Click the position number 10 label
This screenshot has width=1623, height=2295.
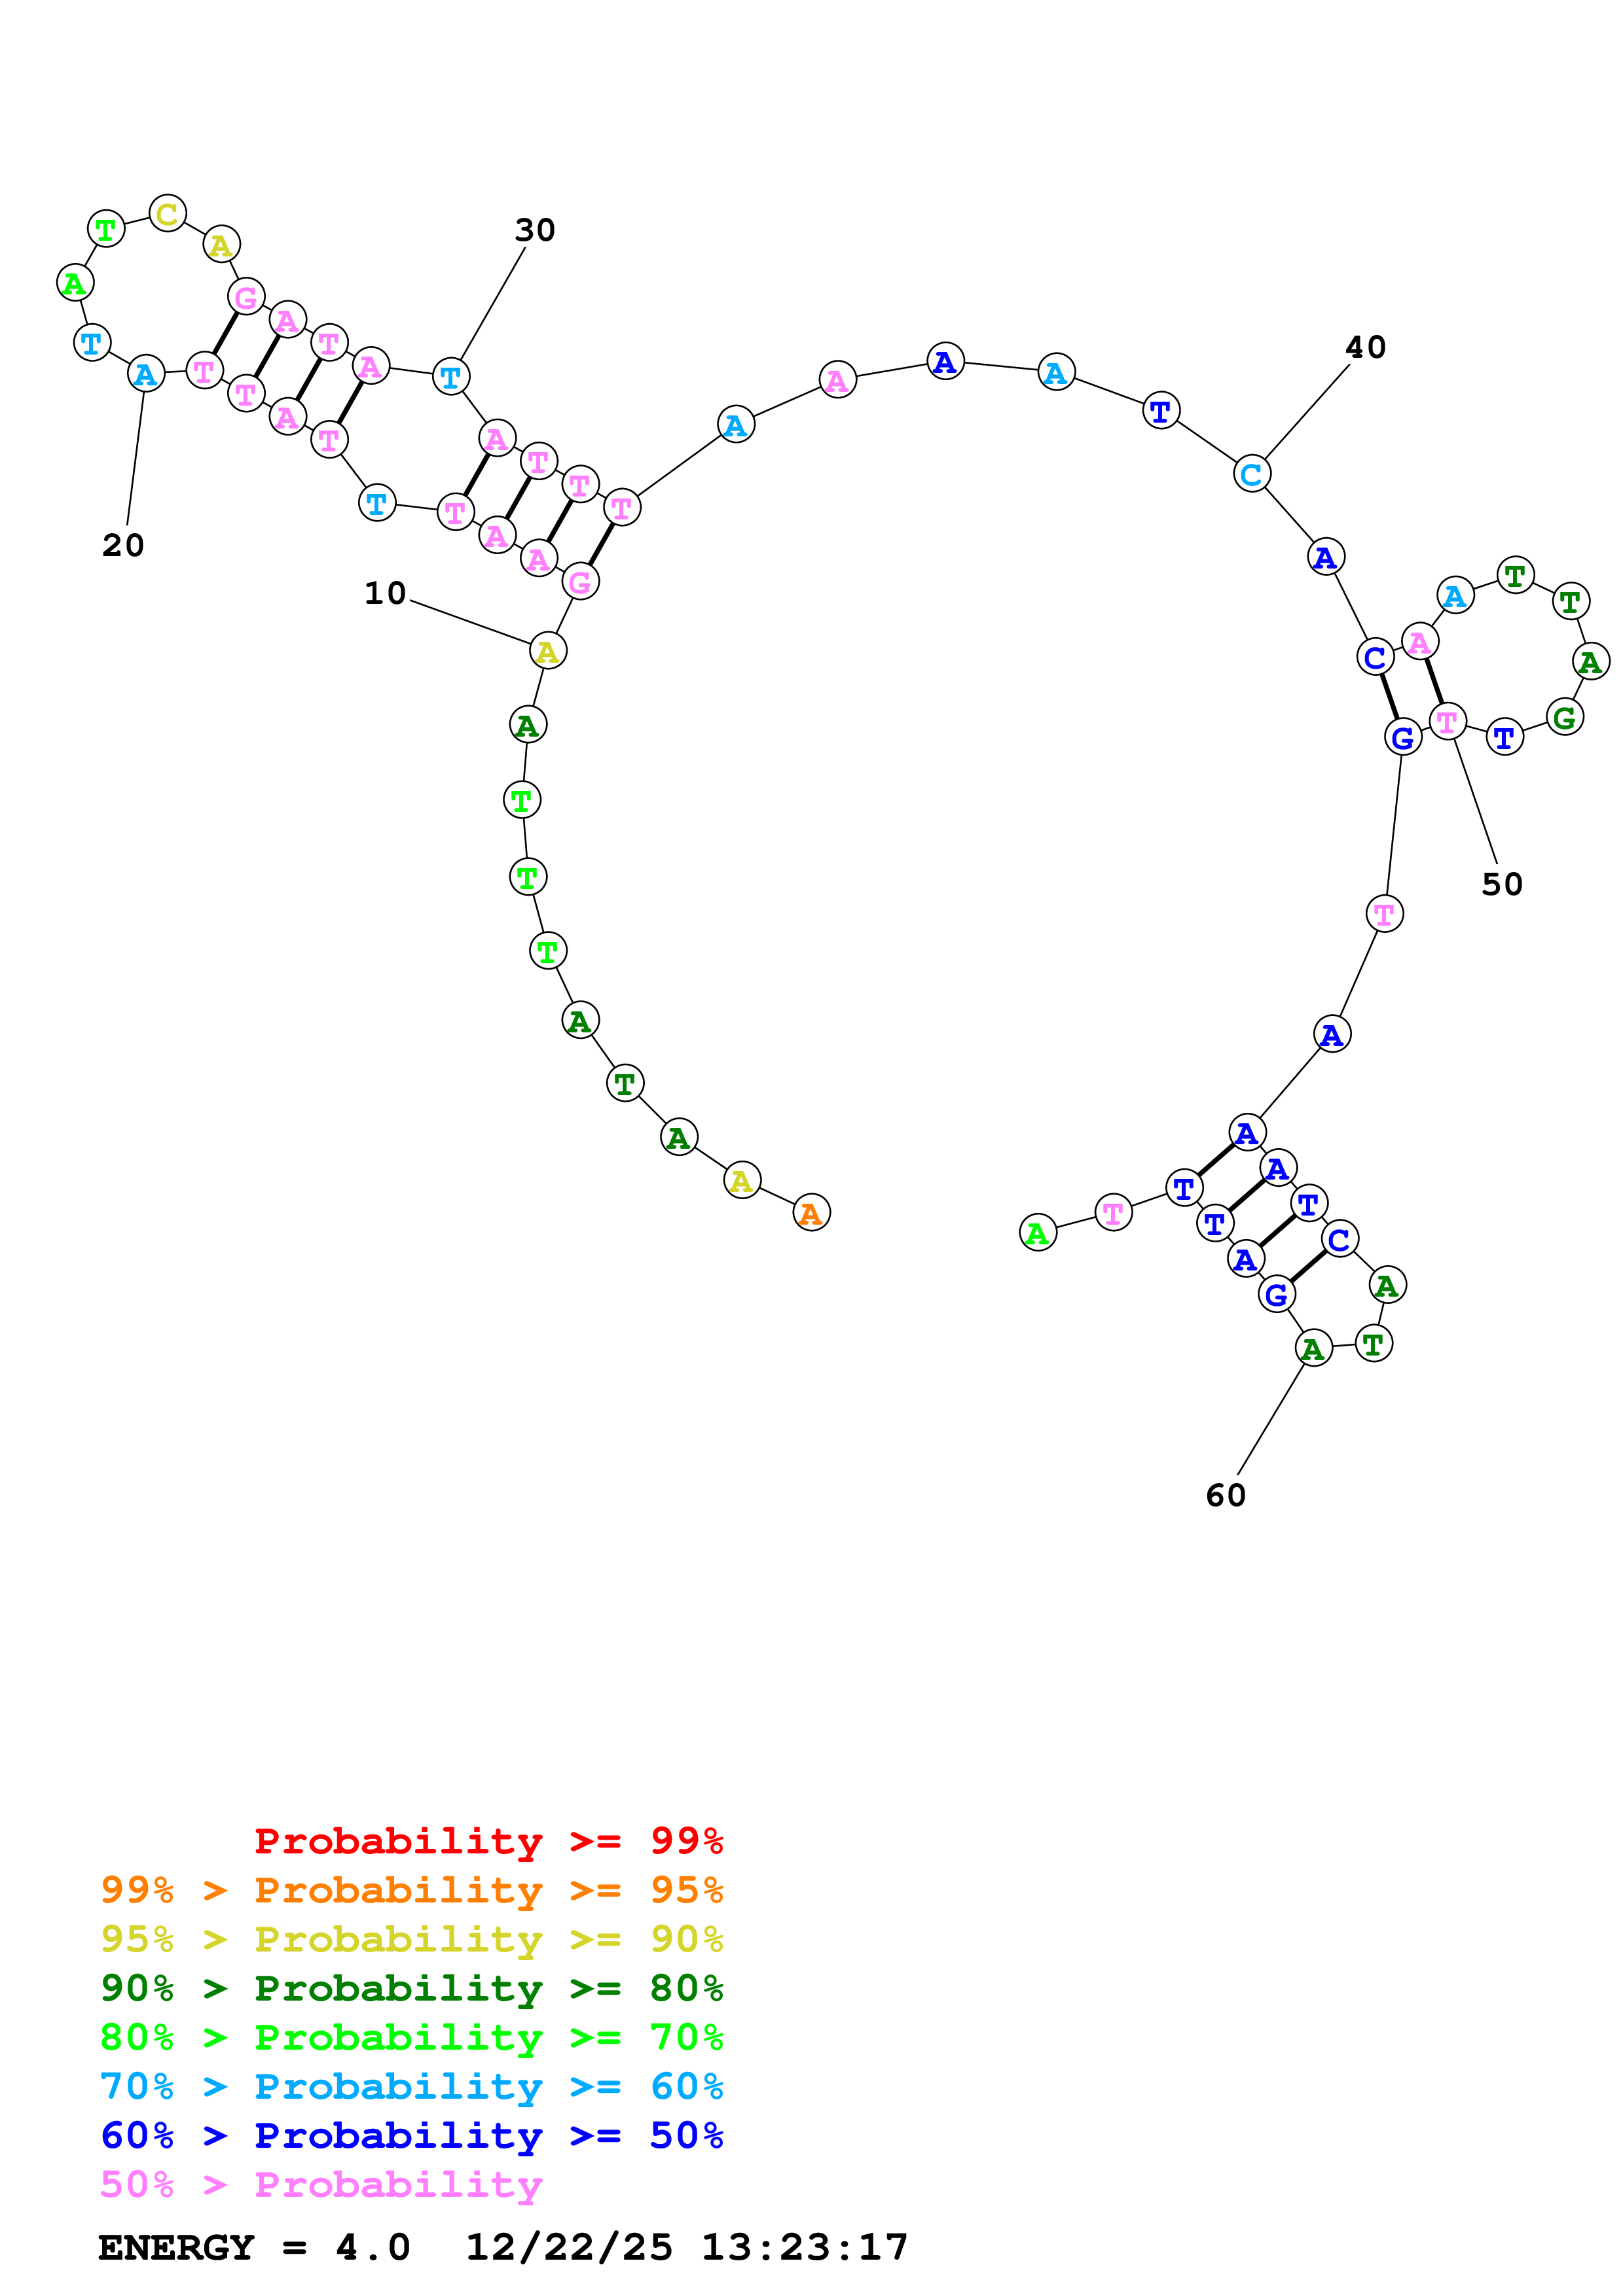pos(385,594)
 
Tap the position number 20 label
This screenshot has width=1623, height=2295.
pos(123,546)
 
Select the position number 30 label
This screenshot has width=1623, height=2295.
pos(535,231)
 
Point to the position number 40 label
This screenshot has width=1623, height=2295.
pos(1365,348)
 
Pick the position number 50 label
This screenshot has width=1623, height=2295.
pos(1501,885)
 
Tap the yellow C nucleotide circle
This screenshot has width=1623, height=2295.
pos(167,214)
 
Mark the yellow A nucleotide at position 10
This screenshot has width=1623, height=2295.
pos(547,651)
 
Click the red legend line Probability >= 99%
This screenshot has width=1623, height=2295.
pos(488,1841)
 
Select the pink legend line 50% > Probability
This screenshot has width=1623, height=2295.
pos(321,2184)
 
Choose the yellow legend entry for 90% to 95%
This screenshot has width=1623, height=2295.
pos(411,1939)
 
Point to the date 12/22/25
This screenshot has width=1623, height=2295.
pos(569,2247)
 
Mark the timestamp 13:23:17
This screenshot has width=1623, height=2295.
pos(804,2247)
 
